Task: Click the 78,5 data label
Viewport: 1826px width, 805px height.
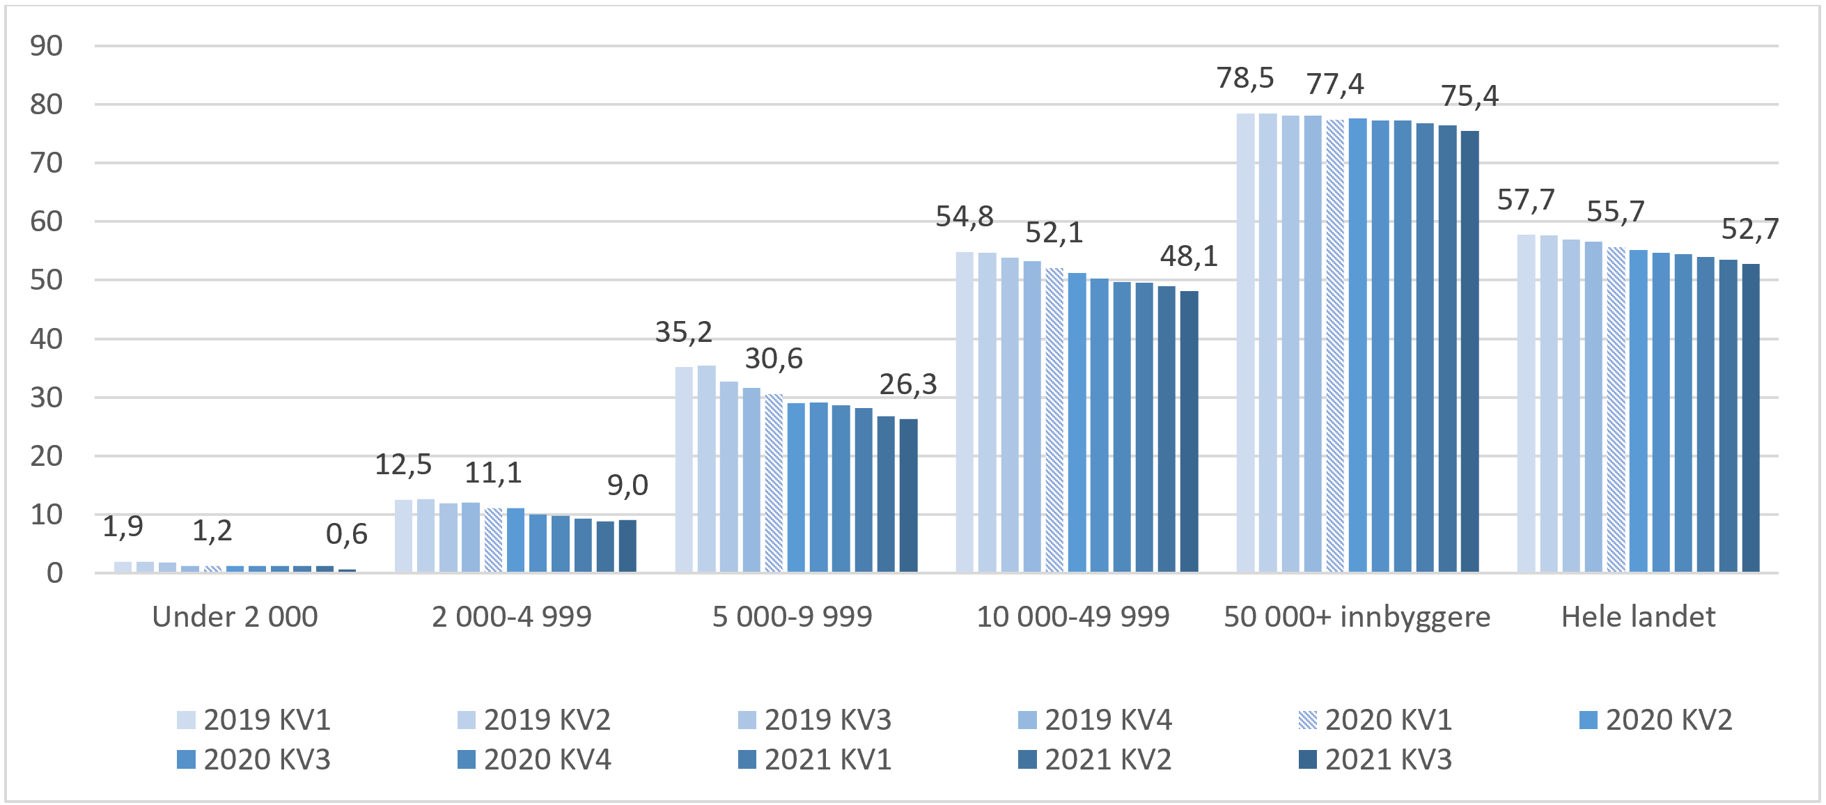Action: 1244,78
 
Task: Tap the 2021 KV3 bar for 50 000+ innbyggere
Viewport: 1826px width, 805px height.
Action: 1469,351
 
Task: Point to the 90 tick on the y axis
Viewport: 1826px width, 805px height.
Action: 46,47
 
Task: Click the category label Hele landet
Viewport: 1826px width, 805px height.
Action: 1637,617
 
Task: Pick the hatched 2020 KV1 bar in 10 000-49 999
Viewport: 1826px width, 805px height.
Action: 1054,419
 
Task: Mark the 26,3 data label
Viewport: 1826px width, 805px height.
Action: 907,385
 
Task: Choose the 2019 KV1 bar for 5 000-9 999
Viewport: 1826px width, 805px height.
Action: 683,469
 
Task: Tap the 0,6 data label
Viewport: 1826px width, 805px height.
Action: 346,534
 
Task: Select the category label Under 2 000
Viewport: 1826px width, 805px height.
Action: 235,617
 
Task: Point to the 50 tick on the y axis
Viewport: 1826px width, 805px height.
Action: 46,281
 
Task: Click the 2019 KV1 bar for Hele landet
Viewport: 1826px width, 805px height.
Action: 1525,403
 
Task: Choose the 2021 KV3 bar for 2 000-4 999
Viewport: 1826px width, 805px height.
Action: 627,546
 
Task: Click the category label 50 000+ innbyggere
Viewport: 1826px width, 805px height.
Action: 1356,617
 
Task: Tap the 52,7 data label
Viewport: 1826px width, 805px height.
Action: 1749,230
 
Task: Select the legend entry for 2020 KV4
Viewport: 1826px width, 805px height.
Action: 533,760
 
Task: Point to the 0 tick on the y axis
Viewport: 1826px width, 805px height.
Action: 54,573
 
